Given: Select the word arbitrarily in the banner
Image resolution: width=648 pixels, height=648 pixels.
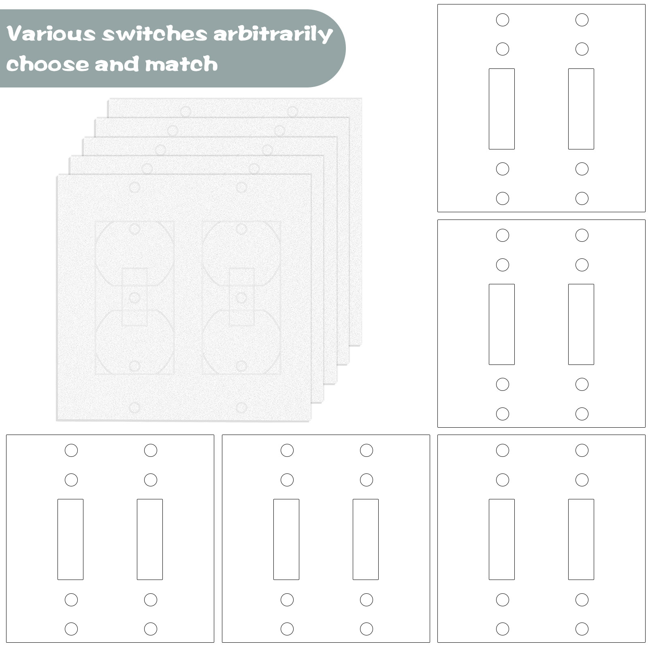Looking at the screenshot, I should click(x=273, y=35).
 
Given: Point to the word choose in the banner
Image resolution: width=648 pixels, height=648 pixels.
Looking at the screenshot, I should click(x=47, y=64).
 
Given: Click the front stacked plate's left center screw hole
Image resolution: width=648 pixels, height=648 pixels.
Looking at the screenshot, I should click(x=134, y=297).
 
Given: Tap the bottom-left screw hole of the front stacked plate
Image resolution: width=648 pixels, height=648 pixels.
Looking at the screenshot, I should click(x=134, y=407).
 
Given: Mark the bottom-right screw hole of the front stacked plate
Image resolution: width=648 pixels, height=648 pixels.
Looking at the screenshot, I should click(x=241, y=407).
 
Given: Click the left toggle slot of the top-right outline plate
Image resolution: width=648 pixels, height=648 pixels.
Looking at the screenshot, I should click(x=502, y=109).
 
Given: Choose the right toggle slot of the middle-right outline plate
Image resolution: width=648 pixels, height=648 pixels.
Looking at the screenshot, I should click(x=581, y=324).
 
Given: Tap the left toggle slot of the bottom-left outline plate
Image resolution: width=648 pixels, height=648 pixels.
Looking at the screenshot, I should click(x=70, y=539).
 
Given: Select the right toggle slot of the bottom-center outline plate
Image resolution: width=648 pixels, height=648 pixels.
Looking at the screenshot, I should click(x=366, y=539).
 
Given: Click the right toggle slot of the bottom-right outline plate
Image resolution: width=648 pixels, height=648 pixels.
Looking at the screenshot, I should click(x=581, y=539).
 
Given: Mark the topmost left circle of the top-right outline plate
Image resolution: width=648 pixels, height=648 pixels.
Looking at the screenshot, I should click(x=503, y=19).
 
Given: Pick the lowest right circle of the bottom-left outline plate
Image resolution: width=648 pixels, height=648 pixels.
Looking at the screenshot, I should click(x=151, y=629).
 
